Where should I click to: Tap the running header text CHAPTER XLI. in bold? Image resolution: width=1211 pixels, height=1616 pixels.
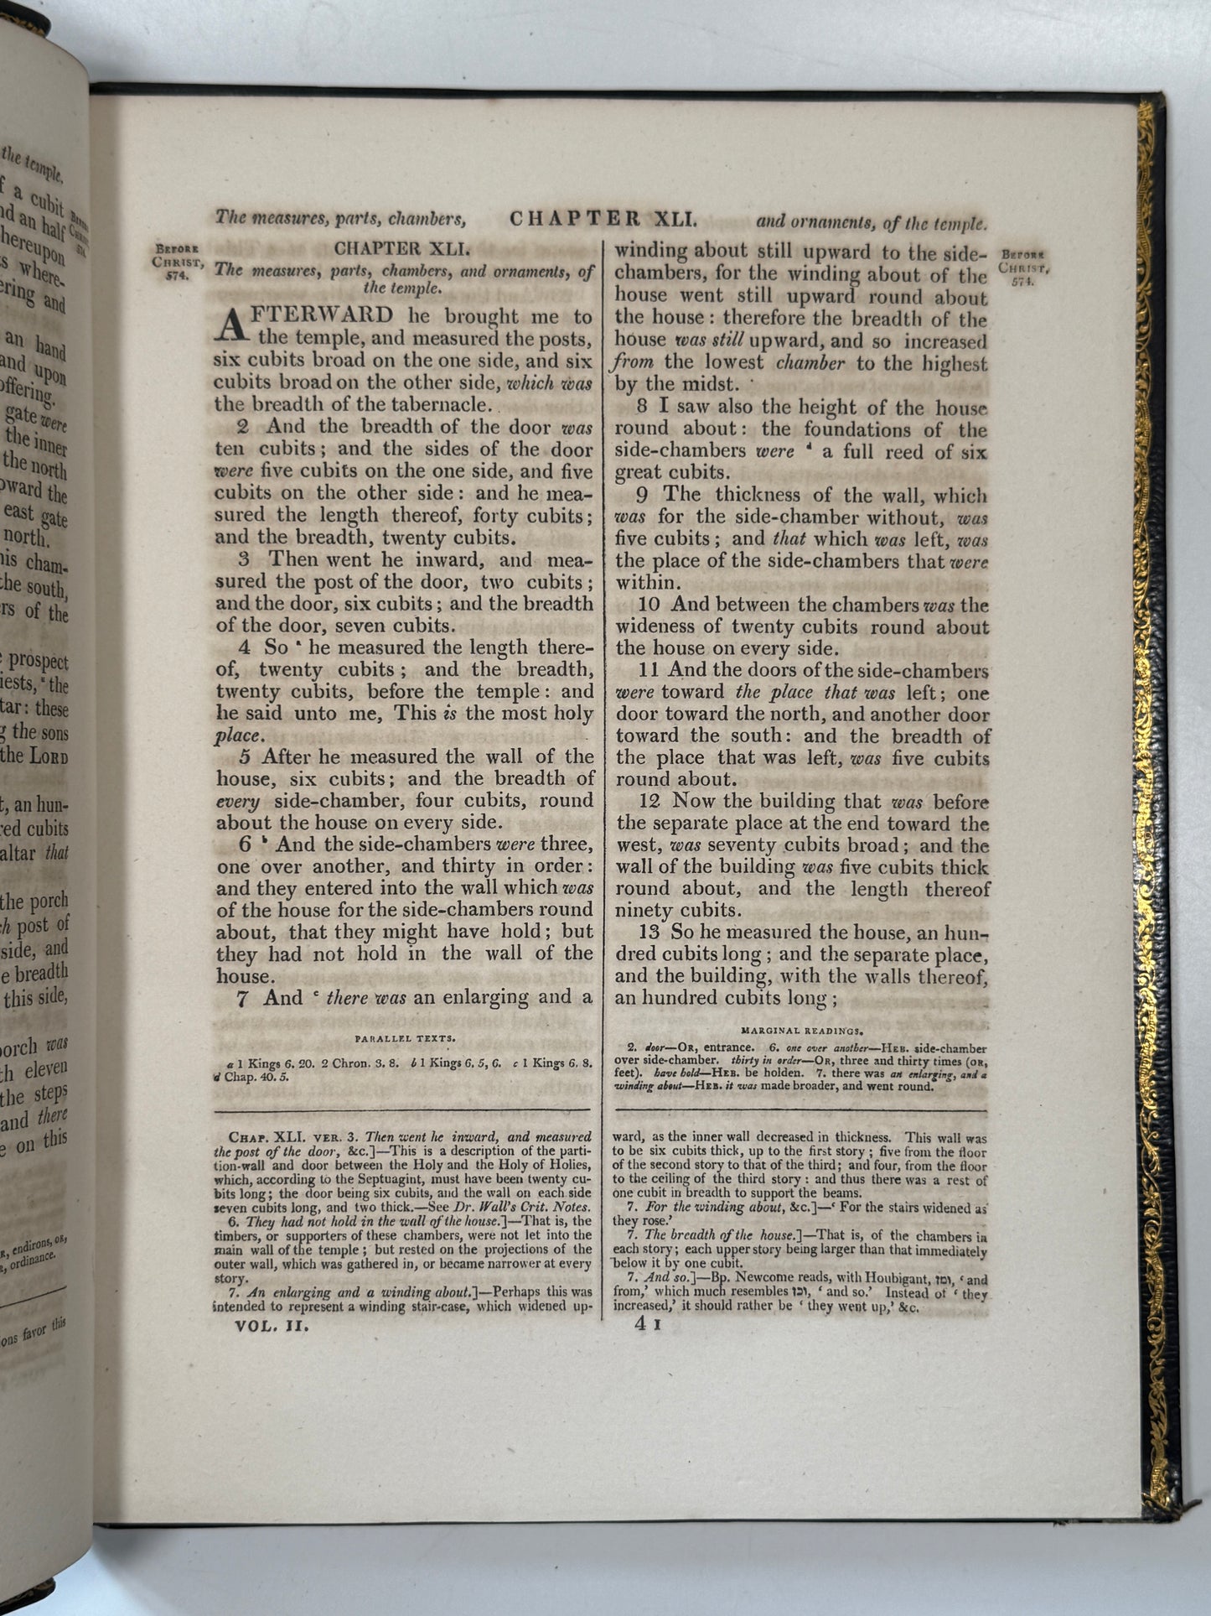603,220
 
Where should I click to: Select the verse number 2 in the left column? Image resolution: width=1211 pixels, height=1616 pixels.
244,427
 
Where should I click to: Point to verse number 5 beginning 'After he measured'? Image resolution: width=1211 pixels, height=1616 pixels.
246,757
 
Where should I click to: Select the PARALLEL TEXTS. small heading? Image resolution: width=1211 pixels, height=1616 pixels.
406,1038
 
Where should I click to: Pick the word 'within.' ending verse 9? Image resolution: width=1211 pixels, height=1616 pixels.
645,582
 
